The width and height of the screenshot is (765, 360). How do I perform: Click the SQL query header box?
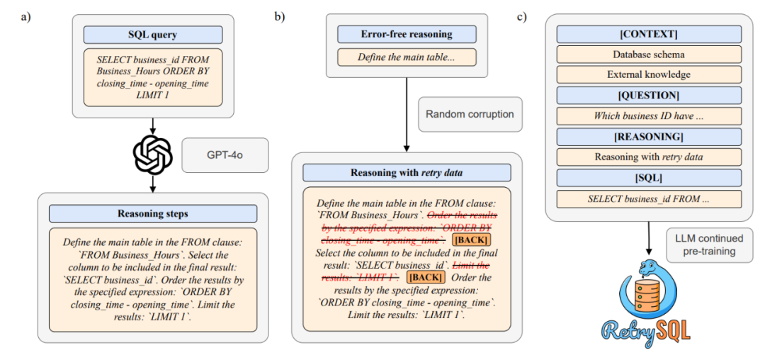click(152, 35)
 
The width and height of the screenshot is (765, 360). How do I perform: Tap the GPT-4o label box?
click(225, 154)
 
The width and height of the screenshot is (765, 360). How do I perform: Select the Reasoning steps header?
click(152, 213)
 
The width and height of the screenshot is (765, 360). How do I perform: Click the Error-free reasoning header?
click(407, 34)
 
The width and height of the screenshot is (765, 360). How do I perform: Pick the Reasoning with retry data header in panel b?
click(407, 173)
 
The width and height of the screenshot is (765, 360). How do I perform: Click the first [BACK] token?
click(468, 241)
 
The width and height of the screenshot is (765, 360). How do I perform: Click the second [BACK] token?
click(427, 277)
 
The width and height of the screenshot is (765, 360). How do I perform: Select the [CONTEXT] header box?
click(649, 34)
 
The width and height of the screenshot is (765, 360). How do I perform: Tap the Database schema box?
click(649, 54)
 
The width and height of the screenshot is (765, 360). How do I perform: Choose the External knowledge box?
click(649, 74)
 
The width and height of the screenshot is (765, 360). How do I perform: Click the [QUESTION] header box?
click(649, 95)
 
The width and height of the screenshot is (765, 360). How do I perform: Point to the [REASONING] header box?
click(649, 136)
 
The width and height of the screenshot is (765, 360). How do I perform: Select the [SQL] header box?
click(649, 177)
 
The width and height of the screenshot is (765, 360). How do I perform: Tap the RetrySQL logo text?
click(646, 330)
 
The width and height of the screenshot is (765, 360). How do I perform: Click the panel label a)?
click(25, 16)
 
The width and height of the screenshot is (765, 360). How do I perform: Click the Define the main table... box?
click(407, 57)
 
